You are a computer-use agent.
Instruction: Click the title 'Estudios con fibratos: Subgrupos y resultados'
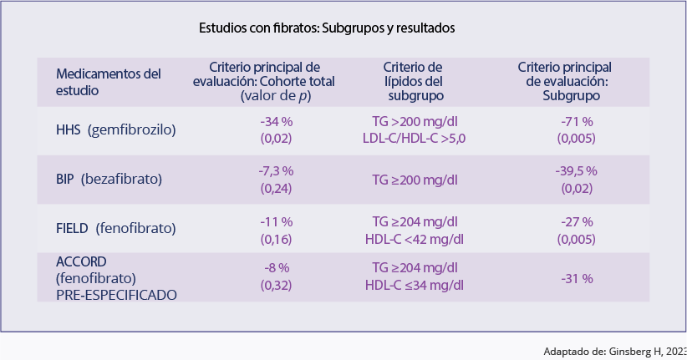click(x=326, y=28)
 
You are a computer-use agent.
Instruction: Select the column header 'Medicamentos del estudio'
click(x=108, y=81)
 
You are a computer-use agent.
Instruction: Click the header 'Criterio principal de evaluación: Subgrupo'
click(x=564, y=81)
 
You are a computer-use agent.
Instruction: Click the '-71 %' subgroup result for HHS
click(x=577, y=122)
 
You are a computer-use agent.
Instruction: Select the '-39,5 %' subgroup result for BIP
click(x=577, y=171)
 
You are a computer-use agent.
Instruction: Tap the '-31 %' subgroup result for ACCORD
click(x=577, y=278)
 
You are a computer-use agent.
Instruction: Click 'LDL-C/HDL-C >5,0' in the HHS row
click(x=415, y=139)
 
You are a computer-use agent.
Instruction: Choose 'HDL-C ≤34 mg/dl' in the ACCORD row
click(x=415, y=286)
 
